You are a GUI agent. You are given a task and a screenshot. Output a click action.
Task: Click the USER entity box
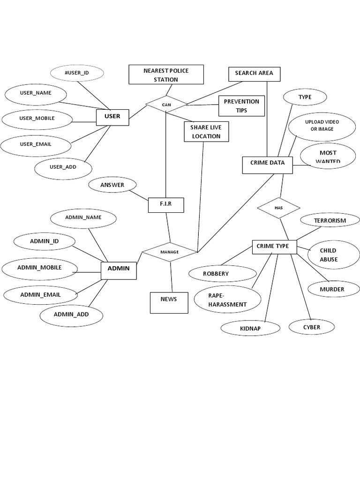(112, 117)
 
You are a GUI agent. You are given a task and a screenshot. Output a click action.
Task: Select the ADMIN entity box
(119, 269)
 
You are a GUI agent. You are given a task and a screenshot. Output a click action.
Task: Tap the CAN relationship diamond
(166, 105)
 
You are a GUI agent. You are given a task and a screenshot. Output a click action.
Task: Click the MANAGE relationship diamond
(170, 252)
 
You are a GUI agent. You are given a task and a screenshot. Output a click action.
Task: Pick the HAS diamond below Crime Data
(278, 208)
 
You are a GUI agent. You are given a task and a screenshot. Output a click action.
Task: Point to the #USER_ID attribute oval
(76, 73)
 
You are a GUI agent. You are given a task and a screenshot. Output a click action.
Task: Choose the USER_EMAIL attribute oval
(36, 144)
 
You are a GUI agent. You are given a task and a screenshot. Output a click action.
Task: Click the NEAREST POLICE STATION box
(166, 75)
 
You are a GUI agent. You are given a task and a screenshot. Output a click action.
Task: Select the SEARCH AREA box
(254, 74)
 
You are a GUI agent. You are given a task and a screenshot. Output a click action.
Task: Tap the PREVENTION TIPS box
(241, 106)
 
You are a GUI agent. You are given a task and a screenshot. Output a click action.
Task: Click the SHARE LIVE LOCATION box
(206, 132)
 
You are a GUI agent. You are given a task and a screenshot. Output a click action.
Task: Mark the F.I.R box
(166, 205)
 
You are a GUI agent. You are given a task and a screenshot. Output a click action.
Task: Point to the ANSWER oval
(112, 185)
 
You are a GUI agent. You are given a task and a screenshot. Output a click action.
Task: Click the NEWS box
(169, 302)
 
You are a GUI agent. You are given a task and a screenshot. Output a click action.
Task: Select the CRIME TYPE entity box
(274, 247)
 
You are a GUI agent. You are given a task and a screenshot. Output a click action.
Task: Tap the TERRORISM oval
(330, 220)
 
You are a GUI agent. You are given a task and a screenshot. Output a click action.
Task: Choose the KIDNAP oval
(250, 329)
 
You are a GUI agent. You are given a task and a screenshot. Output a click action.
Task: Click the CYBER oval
(312, 327)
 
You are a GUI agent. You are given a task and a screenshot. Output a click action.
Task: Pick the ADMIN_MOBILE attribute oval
(39, 268)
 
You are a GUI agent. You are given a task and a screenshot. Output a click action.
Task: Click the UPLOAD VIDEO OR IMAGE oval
(322, 126)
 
